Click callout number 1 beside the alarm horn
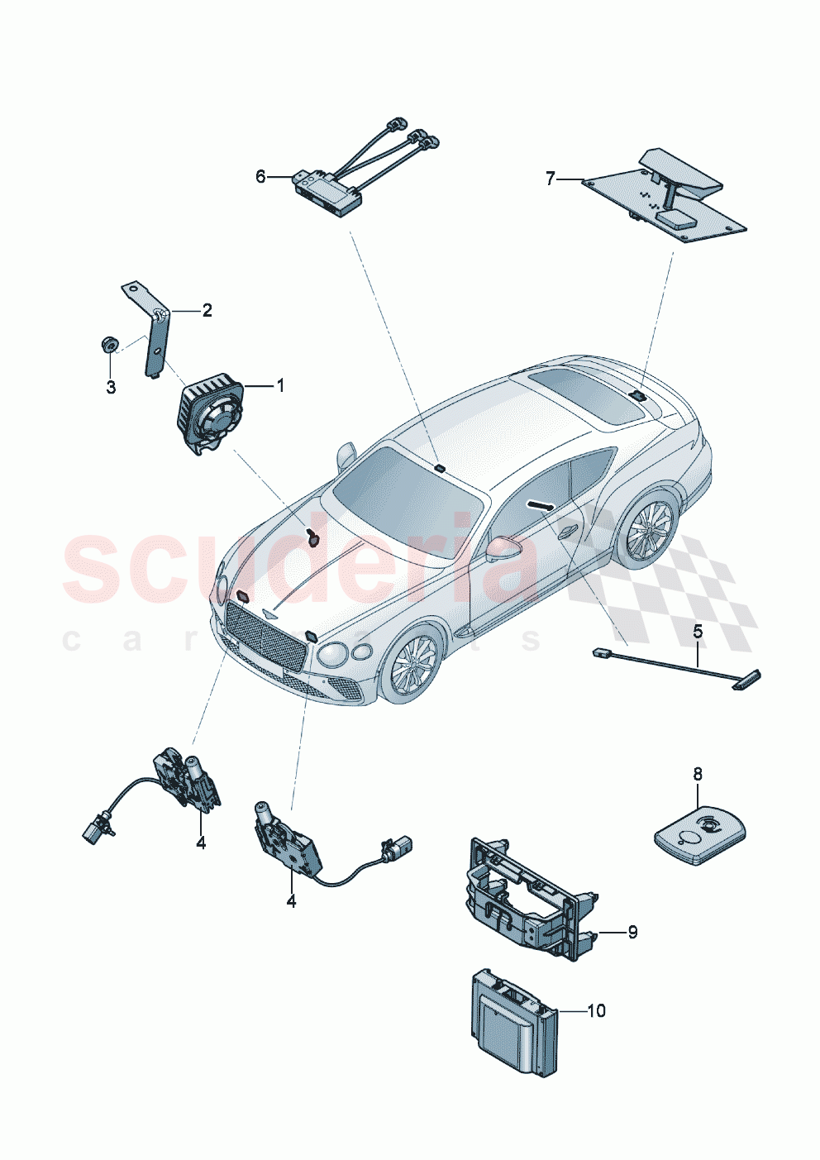(x=279, y=385)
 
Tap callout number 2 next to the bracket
(x=207, y=310)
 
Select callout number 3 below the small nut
(x=111, y=387)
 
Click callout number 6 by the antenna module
(x=260, y=176)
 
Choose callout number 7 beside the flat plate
(x=551, y=178)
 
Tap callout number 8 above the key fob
(x=698, y=774)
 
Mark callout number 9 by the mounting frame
(x=632, y=932)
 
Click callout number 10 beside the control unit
(x=596, y=1010)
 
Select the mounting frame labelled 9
(x=529, y=897)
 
